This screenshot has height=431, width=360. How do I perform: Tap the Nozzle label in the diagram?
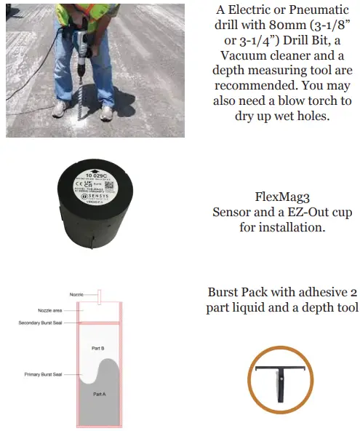click(77, 294)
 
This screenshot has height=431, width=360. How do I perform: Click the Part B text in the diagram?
click(98, 349)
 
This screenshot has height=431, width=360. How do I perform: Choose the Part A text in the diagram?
click(100, 393)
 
